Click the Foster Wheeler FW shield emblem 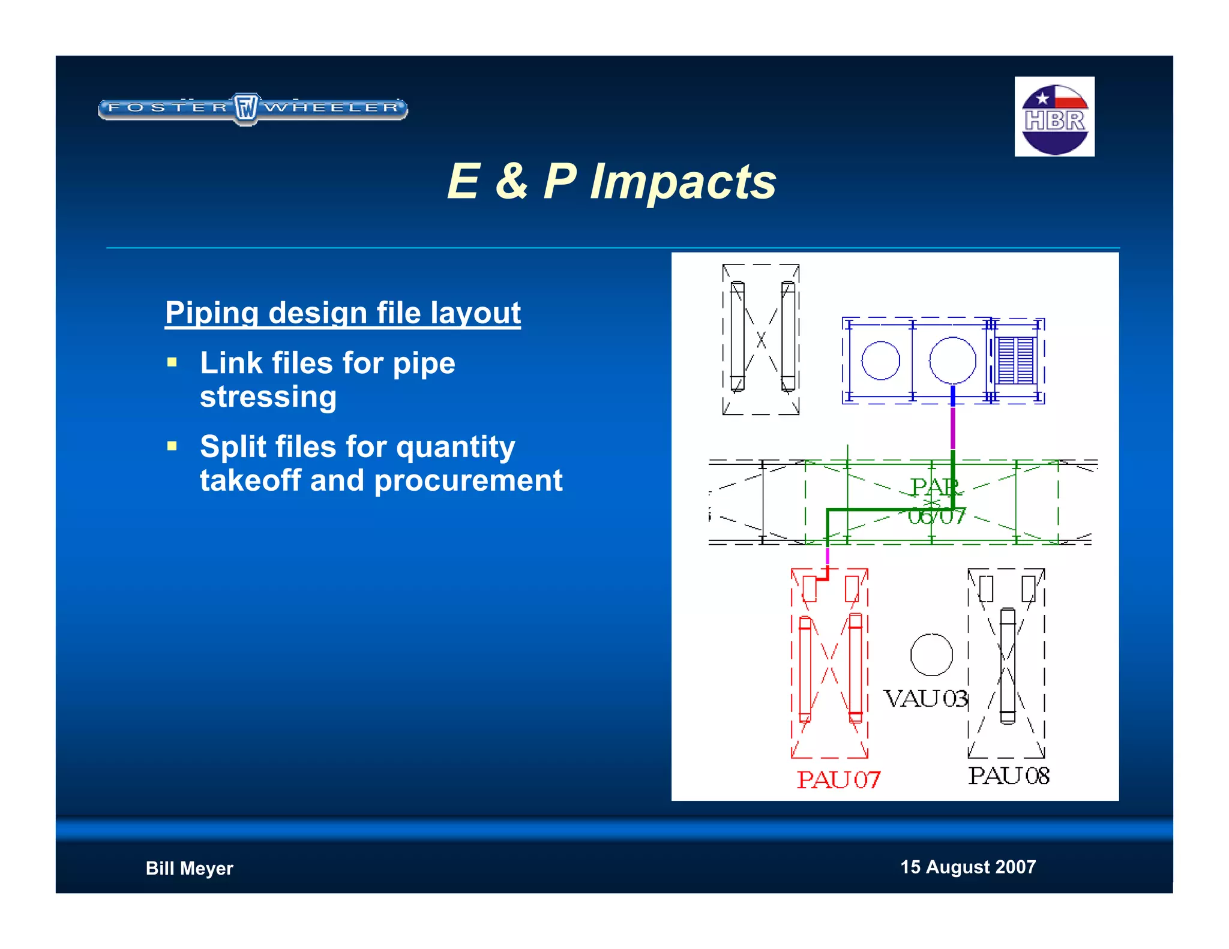245,109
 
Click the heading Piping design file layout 343,313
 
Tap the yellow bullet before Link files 172,362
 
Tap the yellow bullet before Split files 172,446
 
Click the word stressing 268,397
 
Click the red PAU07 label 838,779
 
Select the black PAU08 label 1008,776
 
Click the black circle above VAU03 931,654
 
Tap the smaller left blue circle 880,361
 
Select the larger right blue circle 952,361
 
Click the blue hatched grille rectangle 1015,361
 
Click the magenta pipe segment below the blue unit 952,428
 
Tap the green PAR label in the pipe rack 934,486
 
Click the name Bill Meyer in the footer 189,868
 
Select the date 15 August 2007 967,867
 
